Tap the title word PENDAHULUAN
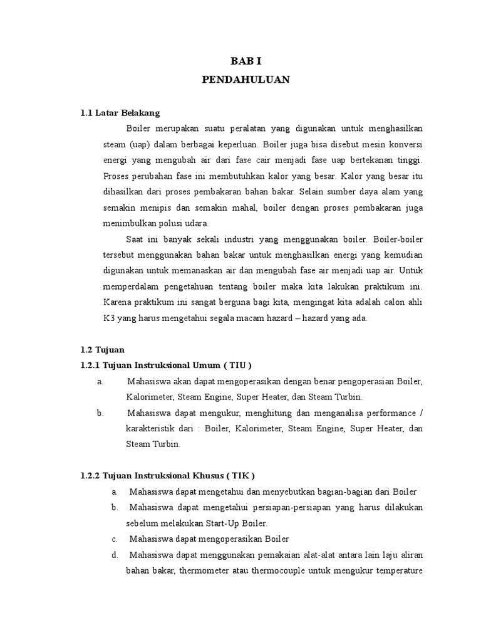[x=246, y=80]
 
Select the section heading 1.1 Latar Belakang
[x=120, y=113]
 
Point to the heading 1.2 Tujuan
[x=103, y=349]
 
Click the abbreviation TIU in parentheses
[x=235, y=365]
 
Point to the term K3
[x=109, y=318]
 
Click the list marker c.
[x=115, y=539]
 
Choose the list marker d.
[x=115, y=554]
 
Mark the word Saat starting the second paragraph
[x=136, y=239]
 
